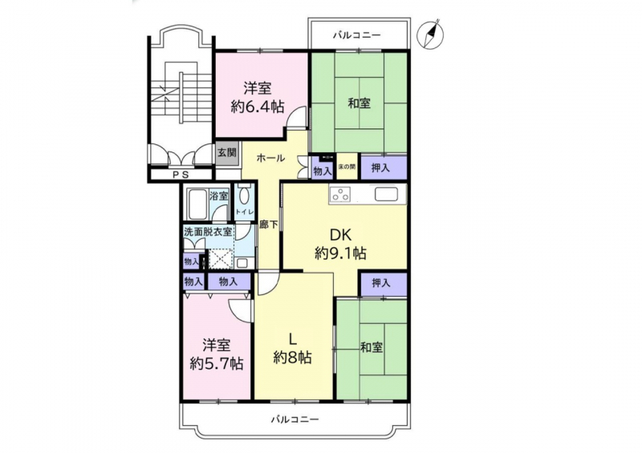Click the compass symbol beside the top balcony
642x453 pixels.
430,33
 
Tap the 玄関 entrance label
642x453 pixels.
226,153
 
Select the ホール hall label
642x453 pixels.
270,158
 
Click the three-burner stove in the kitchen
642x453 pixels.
339,193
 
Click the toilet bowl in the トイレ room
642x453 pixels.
244,196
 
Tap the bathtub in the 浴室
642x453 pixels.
197,204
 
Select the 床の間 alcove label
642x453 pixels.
347,167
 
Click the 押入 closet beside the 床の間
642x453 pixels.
380,168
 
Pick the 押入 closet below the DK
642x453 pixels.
380,282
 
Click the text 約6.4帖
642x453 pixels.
257,107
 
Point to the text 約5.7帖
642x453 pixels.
217,362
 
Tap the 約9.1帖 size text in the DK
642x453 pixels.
340,253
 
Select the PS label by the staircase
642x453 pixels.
180,175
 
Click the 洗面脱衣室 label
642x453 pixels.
208,231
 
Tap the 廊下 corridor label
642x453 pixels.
269,224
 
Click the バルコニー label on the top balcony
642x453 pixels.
356,35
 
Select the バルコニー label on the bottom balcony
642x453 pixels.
295,419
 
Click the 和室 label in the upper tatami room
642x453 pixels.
360,103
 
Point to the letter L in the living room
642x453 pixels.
293,339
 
